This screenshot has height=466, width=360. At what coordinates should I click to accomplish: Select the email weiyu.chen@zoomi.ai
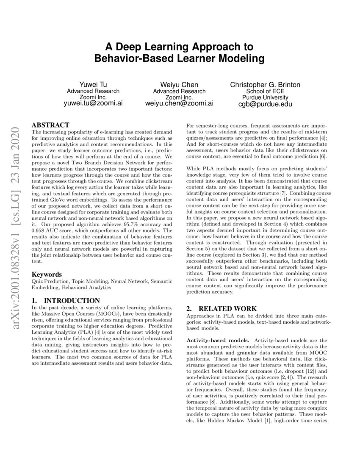tap(179, 103)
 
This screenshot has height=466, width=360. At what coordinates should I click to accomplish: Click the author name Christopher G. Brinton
tap(265, 85)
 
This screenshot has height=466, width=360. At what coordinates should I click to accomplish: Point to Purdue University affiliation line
tap(265, 97)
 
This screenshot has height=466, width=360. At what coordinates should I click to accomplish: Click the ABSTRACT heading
tap(50, 125)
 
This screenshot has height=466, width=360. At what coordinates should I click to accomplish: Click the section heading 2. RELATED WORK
tap(222, 308)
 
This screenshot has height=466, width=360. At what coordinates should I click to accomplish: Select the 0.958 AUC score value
tap(40, 230)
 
